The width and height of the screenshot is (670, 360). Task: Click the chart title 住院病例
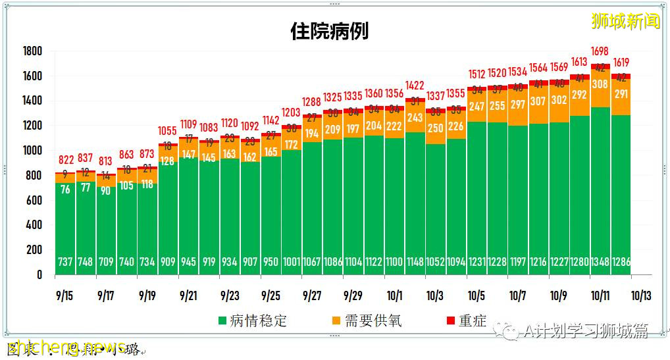click(329, 31)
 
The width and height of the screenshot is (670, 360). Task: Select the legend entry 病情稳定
click(253, 321)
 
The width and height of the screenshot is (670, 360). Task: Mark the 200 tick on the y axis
click(34, 250)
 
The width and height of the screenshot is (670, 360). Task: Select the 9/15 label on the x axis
click(64, 296)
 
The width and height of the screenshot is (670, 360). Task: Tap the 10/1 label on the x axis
click(395, 296)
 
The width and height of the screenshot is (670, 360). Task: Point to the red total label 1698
click(600, 51)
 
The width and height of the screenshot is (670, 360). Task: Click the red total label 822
click(64, 160)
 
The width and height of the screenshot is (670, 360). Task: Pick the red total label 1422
click(415, 86)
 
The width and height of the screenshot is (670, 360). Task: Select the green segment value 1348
click(600, 262)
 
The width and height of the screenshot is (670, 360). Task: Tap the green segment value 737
click(64, 262)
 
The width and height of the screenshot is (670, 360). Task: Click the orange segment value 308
click(600, 84)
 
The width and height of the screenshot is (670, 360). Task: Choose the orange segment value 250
click(435, 128)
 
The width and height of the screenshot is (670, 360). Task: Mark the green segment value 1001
click(291, 262)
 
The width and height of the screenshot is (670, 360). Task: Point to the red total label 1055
click(168, 131)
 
